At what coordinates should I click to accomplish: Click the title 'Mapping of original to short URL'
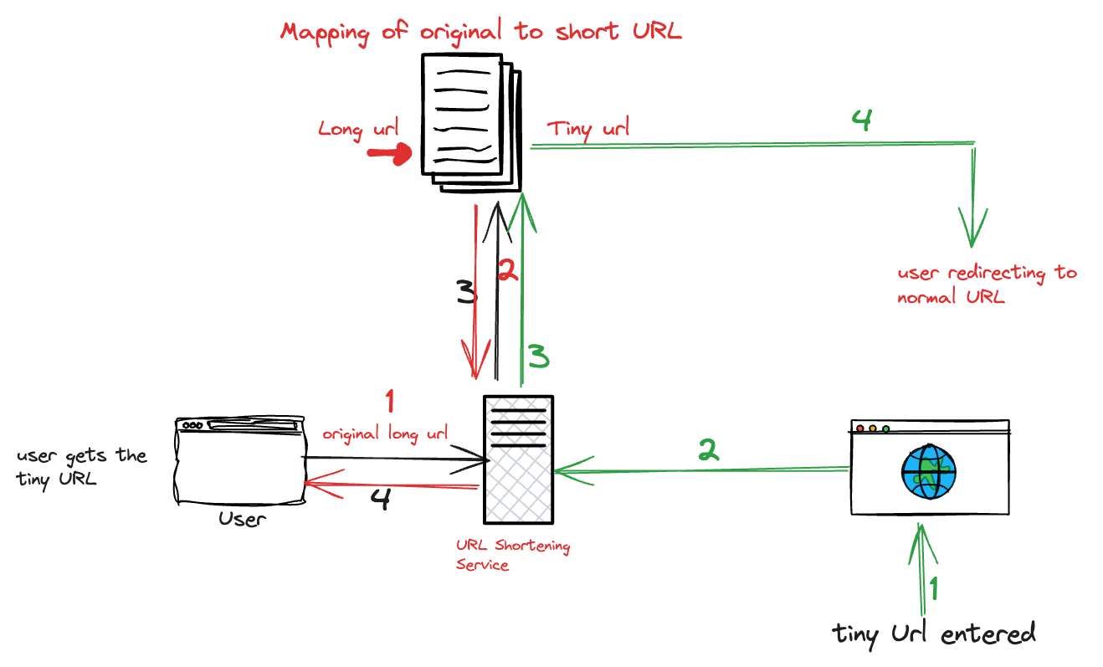click(x=480, y=32)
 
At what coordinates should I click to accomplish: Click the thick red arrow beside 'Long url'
click(x=390, y=154)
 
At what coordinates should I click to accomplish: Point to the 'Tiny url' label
click(x=587, y=130)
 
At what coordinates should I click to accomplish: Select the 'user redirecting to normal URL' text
click(x=986, y=285)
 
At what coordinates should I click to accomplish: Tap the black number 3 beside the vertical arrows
click(x=465, y=293)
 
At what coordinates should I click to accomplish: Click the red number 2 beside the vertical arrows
click(x=507, y=269)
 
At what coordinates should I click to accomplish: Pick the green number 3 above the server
click(x=539, y=357)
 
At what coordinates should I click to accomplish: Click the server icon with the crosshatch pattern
click(x=518, y=459)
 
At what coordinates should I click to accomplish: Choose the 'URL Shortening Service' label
click(x=512, y=555)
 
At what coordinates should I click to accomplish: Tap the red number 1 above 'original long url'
click(x=388, y=401)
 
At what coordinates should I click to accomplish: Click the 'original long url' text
click(x=386, y=434)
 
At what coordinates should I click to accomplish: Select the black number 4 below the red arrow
click(x=380, y=500)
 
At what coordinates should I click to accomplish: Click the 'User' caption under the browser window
click(x=242, y=519)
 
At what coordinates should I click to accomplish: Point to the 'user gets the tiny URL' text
click(x=81, y=467)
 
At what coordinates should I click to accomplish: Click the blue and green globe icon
click(x=928, y=472)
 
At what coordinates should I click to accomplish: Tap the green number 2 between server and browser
click(x=708, y=451)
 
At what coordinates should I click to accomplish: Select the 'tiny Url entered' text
click(x=934, y=634)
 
